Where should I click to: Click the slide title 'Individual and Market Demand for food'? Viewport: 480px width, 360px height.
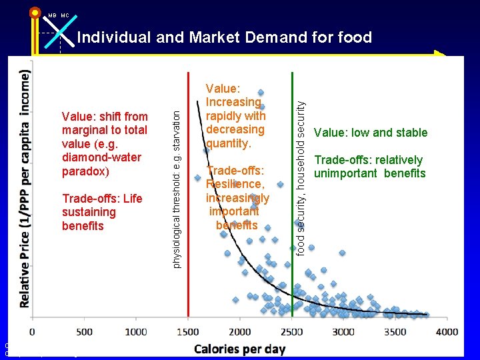[x=224, y=37]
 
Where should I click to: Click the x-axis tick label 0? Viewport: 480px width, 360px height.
[x=33, y=332]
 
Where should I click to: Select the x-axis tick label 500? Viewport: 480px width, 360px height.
[x=85, y=332]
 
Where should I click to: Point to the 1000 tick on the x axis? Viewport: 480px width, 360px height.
[x=136, y=332]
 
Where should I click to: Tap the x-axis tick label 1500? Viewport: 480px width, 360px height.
[x=188, y=332]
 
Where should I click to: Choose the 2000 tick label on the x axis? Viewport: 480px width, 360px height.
[x=240, y=332]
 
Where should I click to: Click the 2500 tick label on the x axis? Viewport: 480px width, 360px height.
[x=292, y=332]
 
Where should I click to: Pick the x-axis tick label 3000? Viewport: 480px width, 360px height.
[x=343, y=332]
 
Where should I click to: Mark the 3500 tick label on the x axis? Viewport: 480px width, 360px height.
[x=395, y=332]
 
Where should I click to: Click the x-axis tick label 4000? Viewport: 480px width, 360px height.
[x=447, y=332]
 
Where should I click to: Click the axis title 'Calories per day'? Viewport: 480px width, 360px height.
[x=240, y=349]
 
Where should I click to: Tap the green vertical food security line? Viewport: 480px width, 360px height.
[x=292, y=280]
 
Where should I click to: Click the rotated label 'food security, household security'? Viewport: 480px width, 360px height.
[x=301, y=177]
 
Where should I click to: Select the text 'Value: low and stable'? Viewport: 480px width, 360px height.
[x=371, y=133]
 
